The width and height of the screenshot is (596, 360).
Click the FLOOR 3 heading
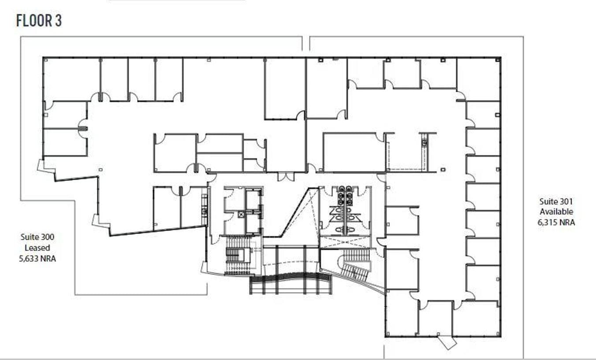[39, 21]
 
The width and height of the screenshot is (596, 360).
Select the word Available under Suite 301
[556, 212]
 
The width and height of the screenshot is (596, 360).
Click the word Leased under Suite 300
[37, 248]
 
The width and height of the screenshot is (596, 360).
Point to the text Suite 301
[556, 201]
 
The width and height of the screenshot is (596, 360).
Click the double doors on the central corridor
[286, 177]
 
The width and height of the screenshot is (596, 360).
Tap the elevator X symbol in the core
[241, 214]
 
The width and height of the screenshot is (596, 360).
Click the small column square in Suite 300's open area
[101, 170]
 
